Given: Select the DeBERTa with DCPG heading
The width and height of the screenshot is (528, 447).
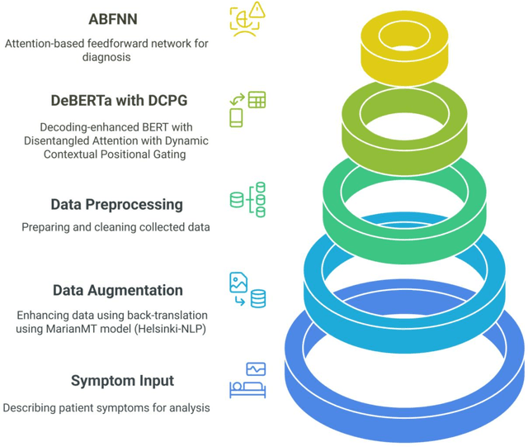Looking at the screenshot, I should [x=118, y=101].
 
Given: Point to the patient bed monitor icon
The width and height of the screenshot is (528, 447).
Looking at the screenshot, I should [x=247, y=379].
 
